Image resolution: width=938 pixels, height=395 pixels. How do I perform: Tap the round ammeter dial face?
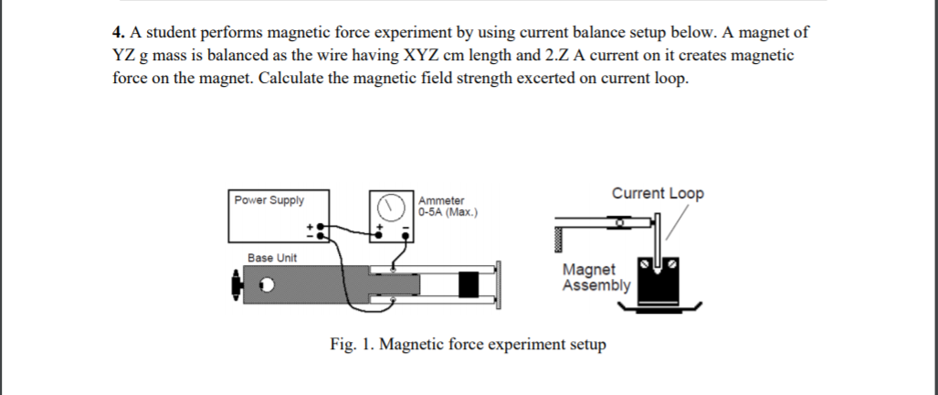coord(391,206)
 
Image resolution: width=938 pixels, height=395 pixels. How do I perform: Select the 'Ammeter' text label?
coord(441,200)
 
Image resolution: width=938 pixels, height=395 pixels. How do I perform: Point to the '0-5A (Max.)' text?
coord(448,211)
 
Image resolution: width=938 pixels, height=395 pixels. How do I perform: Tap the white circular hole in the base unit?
coord(268,285)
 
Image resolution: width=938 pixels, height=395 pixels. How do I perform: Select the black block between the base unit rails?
coord(469,284)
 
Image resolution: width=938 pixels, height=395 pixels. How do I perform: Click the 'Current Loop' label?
coord(658,194)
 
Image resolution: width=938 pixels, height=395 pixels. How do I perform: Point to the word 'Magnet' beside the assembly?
coord(589,271)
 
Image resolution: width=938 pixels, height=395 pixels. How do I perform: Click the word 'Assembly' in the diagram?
coord(596,285)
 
